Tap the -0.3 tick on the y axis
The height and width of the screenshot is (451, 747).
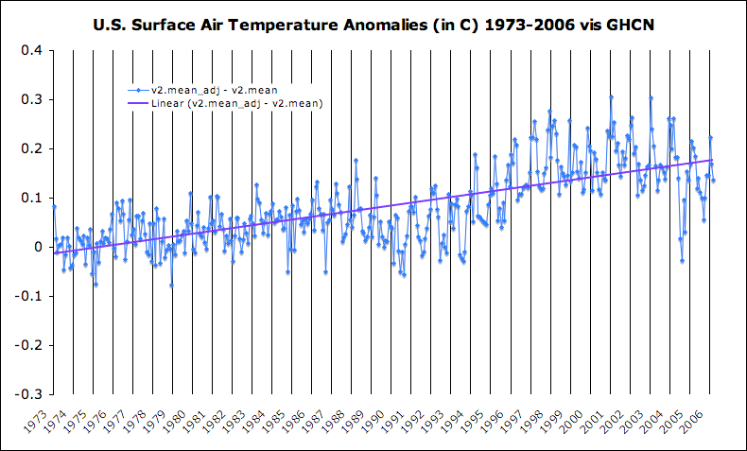coord(31,393)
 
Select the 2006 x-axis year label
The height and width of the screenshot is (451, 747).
coord(698,420)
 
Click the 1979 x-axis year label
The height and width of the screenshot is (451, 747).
coord(164,420)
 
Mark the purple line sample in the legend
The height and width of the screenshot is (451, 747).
coord(138,103)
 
